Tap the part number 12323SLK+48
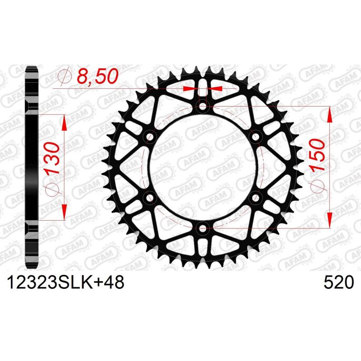tap(64, 283)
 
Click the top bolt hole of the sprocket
tap(203, 106)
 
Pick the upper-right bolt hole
tap(255, 137)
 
